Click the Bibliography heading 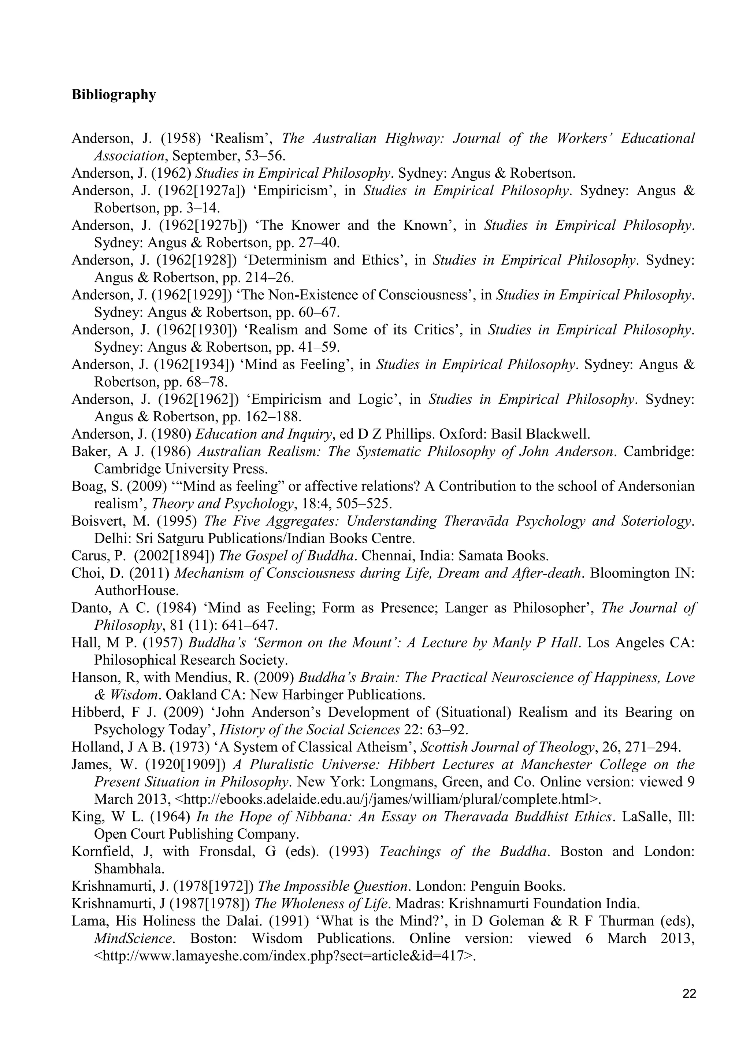pos(114,95)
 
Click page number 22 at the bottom pos(688,994)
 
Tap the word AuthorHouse pos(136,591)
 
